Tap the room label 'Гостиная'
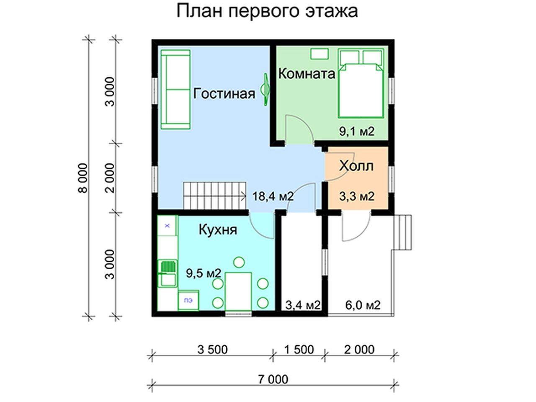[224, 93]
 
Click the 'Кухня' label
[218, 229]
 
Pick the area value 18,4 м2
[273, 196]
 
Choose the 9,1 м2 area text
[357, 131]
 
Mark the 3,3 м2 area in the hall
[357, 196]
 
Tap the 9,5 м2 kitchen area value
[204, 273]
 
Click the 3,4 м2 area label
[303, 305]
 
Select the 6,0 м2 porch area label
[363, 305]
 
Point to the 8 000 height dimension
[83, 178]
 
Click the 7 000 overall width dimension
[273, 379]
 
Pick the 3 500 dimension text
[212, 350]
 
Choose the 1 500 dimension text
[299, 350]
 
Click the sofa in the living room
[176, 89]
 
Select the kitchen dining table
[238, 292]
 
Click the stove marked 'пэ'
[188, 301]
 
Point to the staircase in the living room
[215, 196]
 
